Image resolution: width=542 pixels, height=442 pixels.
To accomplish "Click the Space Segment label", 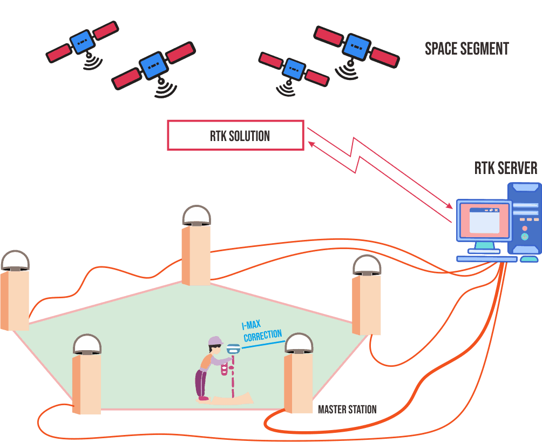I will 466,49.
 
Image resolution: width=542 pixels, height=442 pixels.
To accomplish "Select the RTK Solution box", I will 236,135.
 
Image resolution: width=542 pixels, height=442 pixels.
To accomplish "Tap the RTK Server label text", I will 506,168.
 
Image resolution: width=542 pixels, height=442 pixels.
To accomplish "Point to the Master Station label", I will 347,410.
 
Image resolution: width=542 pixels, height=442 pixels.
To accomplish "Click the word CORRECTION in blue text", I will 263,336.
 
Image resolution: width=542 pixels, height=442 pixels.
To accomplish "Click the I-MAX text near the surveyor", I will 251,325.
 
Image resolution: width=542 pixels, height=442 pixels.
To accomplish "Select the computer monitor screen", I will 484,220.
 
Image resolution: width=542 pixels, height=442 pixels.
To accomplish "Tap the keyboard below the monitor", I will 486,259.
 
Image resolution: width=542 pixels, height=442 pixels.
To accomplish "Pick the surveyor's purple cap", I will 215,341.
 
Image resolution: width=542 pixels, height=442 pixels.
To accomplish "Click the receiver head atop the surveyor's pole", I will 233,349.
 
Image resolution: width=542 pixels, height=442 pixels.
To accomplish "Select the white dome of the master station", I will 299,343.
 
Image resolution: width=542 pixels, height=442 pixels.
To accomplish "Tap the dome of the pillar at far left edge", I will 15,260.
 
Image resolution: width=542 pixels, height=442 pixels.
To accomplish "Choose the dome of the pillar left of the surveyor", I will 87,344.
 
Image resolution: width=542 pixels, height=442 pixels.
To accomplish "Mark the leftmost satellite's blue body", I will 83,42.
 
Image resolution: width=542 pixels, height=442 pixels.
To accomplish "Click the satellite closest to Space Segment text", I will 356,46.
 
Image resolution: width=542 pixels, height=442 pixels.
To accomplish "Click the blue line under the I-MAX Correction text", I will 263,345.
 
